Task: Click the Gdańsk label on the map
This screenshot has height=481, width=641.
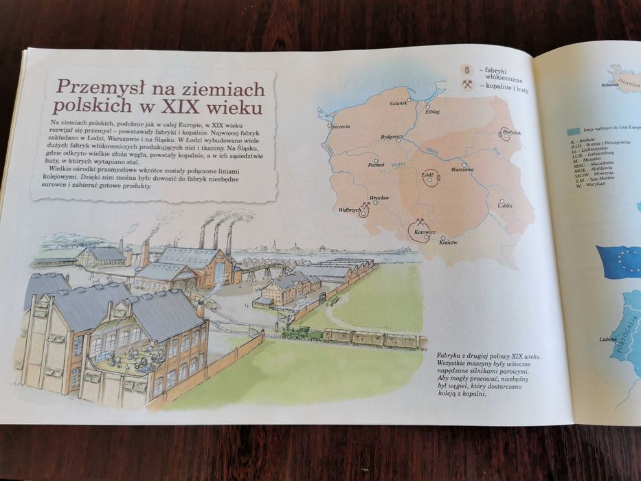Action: click(x=398, y=104)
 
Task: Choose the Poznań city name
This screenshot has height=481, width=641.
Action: click(x=376, y=166)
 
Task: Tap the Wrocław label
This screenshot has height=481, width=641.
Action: click(x=379, y=198)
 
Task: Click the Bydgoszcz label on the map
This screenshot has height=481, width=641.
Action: click(x=390, y=137)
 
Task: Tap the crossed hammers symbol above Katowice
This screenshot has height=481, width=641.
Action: click(x=418, y=223)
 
